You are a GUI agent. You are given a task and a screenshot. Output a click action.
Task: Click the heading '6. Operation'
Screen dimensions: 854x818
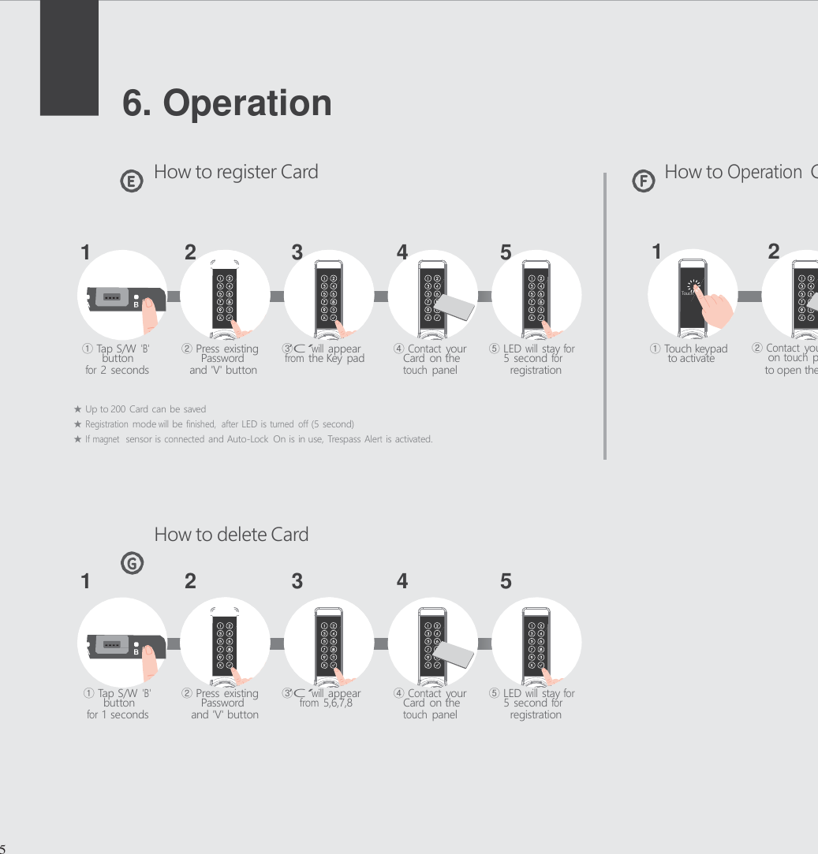[227, 103]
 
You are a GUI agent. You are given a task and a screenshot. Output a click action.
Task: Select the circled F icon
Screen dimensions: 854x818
[644, 182]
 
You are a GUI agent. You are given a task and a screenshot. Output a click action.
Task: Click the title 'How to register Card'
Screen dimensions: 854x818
[236, 172]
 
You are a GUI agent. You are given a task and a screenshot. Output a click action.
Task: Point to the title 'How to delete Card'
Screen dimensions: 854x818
[231, 534]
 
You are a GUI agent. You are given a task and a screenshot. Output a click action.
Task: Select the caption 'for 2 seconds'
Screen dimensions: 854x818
[117, 370]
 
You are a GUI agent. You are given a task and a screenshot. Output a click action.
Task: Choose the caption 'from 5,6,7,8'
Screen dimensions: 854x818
[326, 703]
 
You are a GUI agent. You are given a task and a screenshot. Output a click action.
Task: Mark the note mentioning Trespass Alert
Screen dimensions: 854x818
[258, 438]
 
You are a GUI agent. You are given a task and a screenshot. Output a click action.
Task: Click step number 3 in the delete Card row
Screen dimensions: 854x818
[297, 582]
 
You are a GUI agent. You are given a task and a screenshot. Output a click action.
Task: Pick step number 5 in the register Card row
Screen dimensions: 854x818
[506, 253]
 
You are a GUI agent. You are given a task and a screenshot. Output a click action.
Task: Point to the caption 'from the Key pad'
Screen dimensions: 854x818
[324, 359]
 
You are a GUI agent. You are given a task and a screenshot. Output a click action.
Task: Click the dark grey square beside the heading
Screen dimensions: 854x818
[69, 57]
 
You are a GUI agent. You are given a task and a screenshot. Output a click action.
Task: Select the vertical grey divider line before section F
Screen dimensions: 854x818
[605, 315]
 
